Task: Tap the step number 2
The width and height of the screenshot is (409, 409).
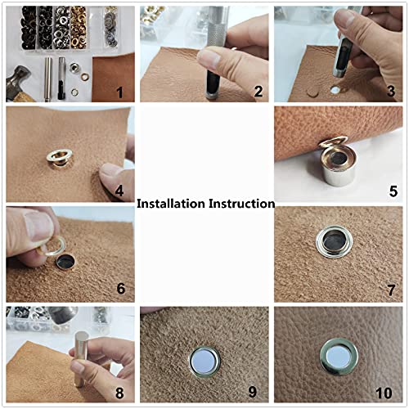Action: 258,92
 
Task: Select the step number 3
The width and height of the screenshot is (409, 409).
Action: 393,92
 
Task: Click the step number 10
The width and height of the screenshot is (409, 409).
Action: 390,393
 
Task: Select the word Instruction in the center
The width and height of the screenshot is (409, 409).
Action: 241,204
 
